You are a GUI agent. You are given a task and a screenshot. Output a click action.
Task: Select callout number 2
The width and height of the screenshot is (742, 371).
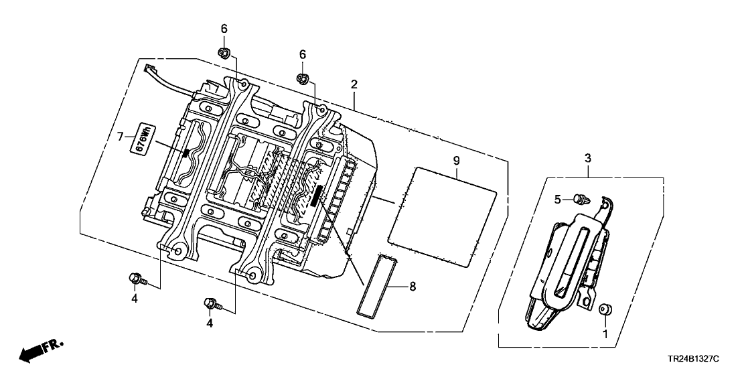[x=354, y=85]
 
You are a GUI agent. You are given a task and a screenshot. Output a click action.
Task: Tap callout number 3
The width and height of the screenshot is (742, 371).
[x=588, y=158]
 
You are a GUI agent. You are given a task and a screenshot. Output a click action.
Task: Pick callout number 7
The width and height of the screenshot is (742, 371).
[x=120, y=137]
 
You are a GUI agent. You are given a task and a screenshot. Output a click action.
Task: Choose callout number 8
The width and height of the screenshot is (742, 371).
[x=412, y=286]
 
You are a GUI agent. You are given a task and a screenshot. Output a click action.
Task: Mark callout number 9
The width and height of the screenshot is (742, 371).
[x=456, y=161]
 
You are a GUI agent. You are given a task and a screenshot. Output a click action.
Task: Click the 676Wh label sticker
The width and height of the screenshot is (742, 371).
[x=143, y=138]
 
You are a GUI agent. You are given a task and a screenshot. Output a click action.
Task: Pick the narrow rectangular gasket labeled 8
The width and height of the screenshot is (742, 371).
[x=380, y=284]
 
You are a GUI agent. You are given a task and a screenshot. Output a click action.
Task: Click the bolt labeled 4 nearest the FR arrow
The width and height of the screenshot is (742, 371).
[x=135, y=277]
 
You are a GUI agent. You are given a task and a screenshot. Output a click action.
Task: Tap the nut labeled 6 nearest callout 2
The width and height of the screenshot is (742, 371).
[x=303, y=79]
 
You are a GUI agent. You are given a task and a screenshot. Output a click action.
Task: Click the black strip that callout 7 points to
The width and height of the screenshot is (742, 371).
[x=185, y=153]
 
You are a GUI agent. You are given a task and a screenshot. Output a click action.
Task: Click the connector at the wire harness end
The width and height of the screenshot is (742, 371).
[x=149, y=67]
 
